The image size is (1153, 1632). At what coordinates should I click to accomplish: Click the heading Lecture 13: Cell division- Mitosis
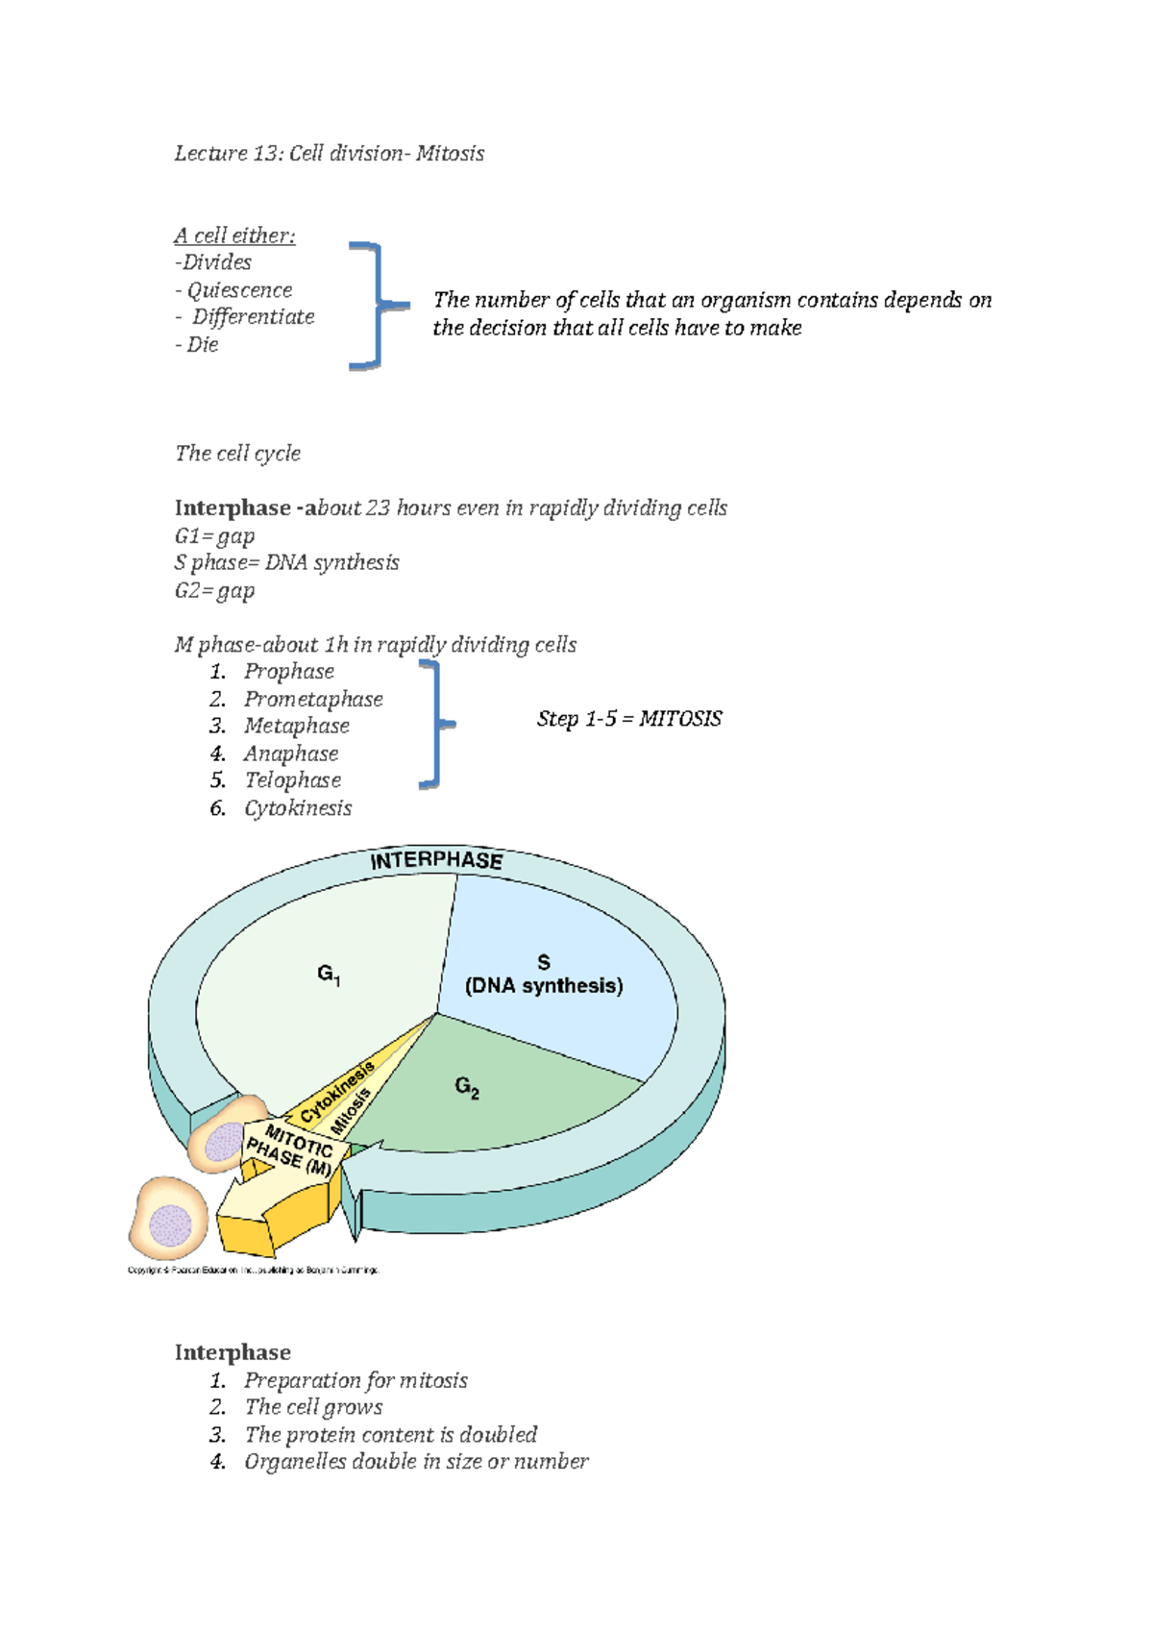click(x=329, y=154)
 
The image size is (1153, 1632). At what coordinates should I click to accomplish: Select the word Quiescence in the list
click(x=239, y=290)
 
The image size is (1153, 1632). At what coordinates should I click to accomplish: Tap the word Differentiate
click(x=253, y=317)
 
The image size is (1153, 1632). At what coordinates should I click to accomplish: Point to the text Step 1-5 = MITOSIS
click(x=629, y=719)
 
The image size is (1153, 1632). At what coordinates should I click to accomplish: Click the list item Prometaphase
click(x=313, y=700)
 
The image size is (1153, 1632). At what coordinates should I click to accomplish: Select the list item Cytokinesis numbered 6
click(x=298, y=808)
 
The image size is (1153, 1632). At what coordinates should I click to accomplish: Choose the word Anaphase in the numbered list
click(x=290, y=754)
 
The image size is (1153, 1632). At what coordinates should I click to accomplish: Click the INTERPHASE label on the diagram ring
click(x=436, y=860)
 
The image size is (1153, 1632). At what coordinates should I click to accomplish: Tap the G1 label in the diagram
click(x=329, y=975)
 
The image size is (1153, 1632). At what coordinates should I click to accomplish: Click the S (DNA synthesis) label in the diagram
click(x=544, y=975)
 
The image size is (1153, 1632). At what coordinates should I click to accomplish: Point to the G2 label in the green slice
click(x=467, y=1087)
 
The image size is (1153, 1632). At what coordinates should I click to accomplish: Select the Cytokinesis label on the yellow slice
click(x=336, y=1093)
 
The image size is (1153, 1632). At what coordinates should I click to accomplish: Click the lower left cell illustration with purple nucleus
click(x=169, y=1219)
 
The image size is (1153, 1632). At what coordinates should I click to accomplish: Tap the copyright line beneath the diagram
click(x=254, y=1271)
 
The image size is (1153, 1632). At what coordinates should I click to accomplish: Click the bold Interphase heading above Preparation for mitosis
click(x=233, y=1353)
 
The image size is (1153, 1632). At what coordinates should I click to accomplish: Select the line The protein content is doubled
click(x=390, y=1435)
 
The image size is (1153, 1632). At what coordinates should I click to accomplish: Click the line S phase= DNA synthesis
click(x=286, y=563)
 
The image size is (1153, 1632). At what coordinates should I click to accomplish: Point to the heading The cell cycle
click(x=237, y=454)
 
